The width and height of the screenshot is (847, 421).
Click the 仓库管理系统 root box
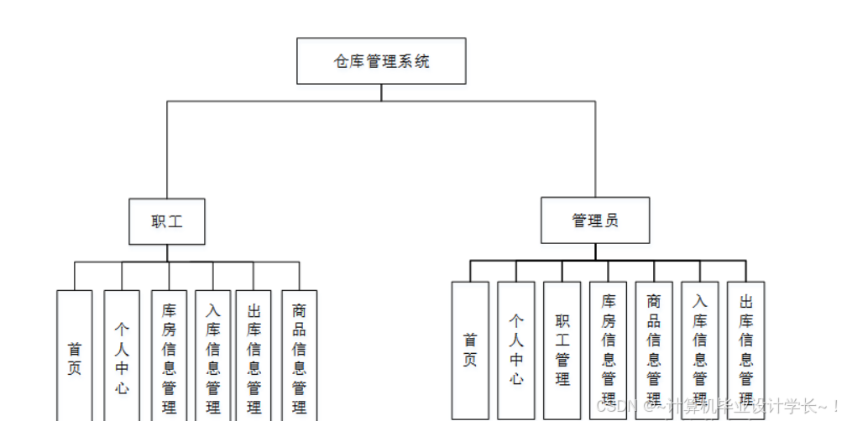(x=381, y=60)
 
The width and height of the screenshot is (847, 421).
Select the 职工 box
(x=166, y=221)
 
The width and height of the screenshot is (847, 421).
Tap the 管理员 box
(x=595, y=221)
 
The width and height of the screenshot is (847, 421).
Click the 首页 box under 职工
(x=75, y=356)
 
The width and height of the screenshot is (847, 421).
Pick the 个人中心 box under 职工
(x=122, y=356)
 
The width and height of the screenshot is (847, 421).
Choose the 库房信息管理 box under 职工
(x=169, y=356)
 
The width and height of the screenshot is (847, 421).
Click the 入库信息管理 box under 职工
(x=213, y=356)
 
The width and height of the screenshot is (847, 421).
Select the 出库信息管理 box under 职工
(x=254, y=356)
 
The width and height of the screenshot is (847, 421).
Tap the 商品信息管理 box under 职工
(x=299, y=356)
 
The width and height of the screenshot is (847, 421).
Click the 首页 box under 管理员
(x=470, y=350)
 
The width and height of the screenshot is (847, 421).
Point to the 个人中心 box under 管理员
(x=516, y=350)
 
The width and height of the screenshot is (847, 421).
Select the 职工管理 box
(x=562, y=350)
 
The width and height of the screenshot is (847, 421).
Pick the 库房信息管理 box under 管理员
(x=609, y=350)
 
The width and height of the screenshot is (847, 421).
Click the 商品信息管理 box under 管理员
(x=654, y=350)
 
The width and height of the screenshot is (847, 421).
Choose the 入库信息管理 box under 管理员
(x=700, y=350)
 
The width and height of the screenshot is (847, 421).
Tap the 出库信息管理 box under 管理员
(x=745, y=350)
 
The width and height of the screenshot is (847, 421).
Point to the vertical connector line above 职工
(x=167, y=151)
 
